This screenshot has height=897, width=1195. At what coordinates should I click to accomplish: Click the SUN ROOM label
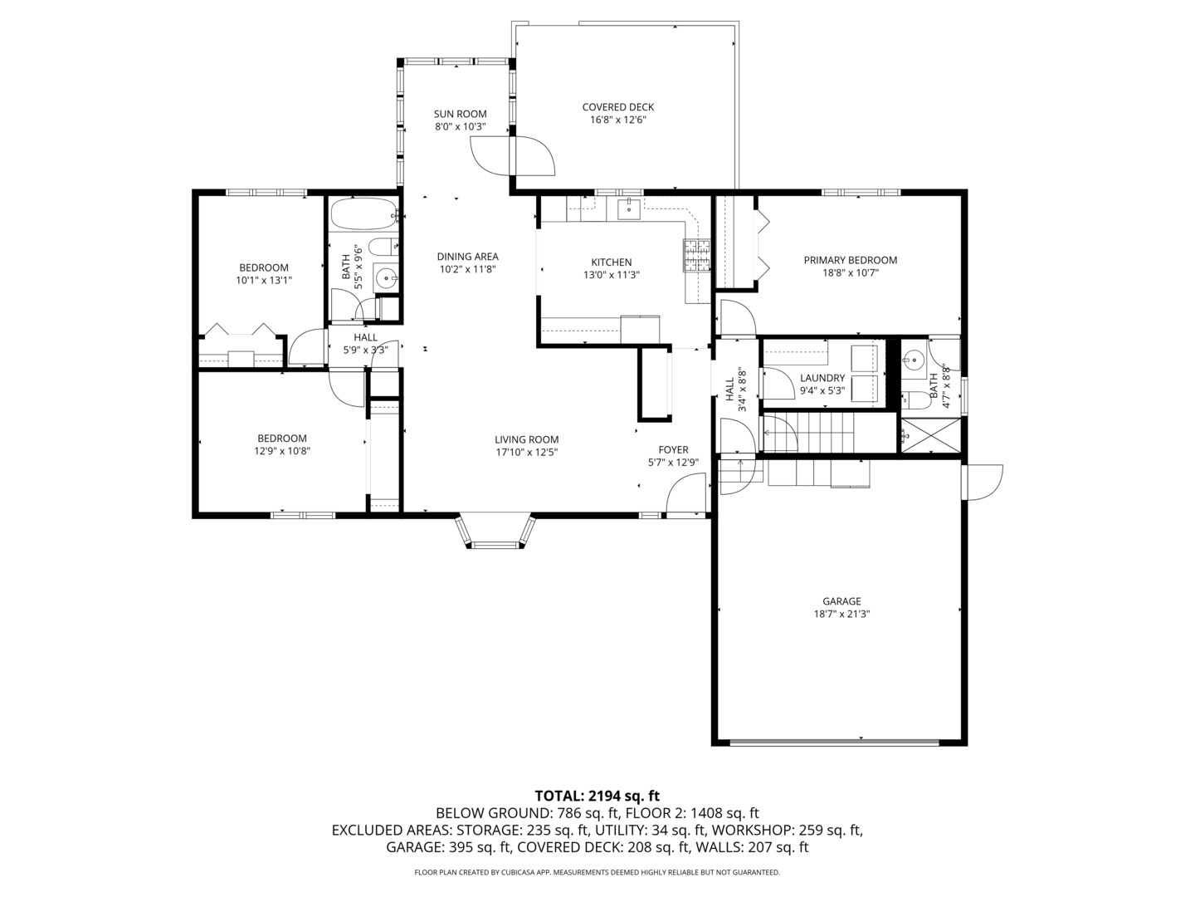tap(460, 114)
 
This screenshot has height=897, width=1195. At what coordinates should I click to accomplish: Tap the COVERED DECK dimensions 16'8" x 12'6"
tap(618, 120)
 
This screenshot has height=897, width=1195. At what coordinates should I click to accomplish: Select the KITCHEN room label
tap(612, 262)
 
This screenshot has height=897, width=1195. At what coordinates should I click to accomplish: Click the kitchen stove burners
tap(697, 256)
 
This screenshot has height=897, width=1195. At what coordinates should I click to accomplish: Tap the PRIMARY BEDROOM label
tap(851, 260)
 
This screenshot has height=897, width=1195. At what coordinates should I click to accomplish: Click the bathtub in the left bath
tap(363, 214)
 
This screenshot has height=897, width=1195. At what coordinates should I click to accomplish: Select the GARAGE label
tap(841, 601)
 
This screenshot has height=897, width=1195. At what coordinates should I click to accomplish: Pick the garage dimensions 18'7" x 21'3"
tap(841, 615)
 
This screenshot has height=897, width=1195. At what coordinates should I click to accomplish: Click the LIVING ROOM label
tap(526, 439)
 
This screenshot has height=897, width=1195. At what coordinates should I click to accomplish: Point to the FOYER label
tap(674, 450)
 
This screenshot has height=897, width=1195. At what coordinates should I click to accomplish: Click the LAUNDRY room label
tap(822, 378)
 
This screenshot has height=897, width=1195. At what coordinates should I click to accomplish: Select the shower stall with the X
tap(930, 435)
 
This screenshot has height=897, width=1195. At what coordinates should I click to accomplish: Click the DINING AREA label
tap(468, 257)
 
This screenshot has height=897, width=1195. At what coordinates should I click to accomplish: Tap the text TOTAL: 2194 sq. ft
tap(597, 797)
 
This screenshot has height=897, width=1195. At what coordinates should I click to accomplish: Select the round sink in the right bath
tap(912, 360)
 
